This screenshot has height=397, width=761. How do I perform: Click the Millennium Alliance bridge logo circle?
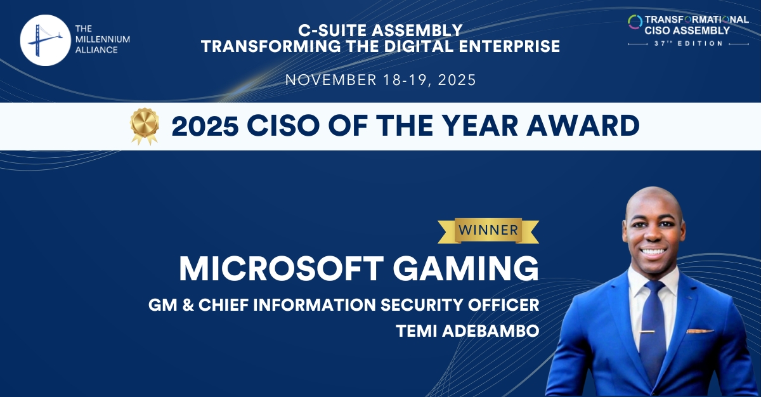(x=45, y=41)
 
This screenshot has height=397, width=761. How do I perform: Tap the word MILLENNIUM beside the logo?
(x=103, y=39)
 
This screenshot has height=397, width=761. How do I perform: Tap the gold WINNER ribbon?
(x=488, y=230)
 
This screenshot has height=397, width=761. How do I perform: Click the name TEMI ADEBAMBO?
(x=467, y=330)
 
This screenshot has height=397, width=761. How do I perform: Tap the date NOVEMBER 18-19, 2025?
(x=380, y=81)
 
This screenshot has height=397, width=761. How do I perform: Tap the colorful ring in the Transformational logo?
(x=635, y=22)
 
